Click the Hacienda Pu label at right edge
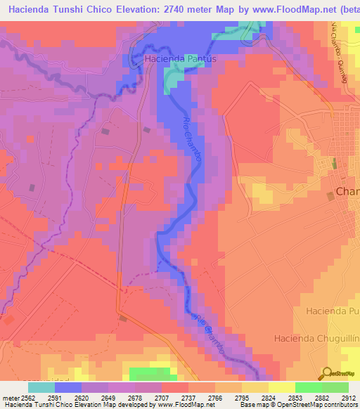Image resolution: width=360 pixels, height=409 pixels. [333, 310]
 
